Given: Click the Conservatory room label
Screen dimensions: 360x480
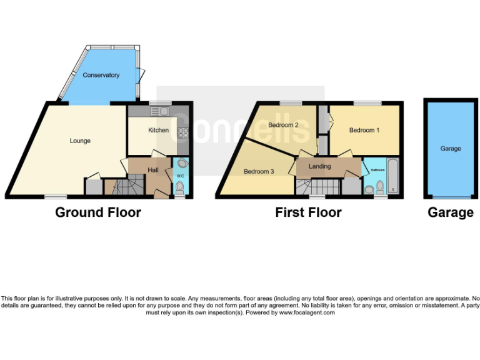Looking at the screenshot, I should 101,75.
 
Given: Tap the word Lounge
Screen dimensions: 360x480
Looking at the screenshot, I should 80,141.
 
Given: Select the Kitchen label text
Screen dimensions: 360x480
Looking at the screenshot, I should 158,131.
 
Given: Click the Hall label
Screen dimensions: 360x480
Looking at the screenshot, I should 153,170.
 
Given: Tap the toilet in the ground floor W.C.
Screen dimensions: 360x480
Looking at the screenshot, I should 180,186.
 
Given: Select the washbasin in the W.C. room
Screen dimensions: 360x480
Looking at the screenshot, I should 182,163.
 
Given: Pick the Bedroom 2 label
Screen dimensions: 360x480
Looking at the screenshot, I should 282,125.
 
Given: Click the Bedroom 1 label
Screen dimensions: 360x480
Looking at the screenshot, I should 364,131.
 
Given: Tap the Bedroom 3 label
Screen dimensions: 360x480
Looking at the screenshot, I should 259,171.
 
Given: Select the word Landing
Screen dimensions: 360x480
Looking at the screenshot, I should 319,166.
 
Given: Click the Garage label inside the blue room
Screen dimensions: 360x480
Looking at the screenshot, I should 450,149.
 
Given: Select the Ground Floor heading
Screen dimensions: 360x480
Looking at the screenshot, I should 98,212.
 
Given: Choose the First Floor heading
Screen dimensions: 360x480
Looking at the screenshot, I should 308,212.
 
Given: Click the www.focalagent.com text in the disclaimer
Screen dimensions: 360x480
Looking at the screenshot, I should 306,312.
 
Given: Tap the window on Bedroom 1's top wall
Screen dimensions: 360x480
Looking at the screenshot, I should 363,103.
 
